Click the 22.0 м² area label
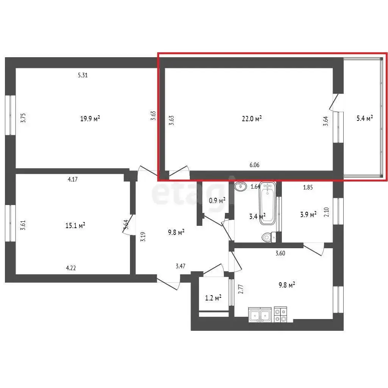[x=252, y=119]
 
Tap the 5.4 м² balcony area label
[x=365, y=118]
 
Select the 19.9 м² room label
[x=90, y=119]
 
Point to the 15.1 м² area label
[x=75, y=225]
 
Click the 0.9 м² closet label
[x=217, y=200]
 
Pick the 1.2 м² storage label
[x=213, y=298]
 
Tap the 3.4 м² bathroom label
[x=257, y=216]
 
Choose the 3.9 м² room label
[x=308, y=214]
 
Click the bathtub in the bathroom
[x=267, y=203]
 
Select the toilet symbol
[x=269, y=237]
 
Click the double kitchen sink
[x=260, y=314]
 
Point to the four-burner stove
[x=280, y=314]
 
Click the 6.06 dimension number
[x=254, y=165]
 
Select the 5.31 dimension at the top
[x=83, y=75]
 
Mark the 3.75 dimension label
[x=23, y=118]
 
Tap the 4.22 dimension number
[x=71, y=268]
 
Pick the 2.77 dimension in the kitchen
[x=241, y=289]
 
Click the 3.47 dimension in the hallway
[x=180, y=266]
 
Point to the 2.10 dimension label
[x=326, y=212]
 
